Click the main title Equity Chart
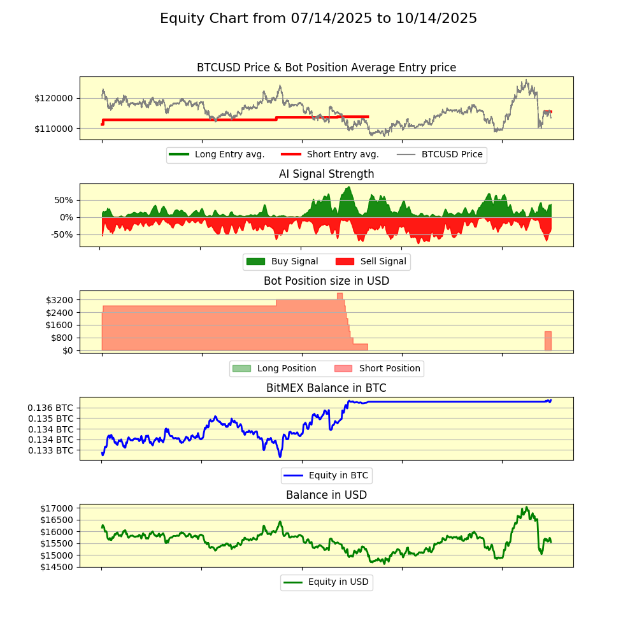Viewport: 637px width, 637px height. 318,18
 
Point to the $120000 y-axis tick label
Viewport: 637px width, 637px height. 54,98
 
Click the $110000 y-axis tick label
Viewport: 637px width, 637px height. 54,129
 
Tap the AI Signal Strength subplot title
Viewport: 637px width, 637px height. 326,174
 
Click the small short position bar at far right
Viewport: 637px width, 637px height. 548,341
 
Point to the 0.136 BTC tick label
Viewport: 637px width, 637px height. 50,408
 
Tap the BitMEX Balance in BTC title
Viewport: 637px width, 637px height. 326,388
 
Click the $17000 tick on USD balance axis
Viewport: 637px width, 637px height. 57,508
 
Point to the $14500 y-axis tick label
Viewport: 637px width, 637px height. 57,567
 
